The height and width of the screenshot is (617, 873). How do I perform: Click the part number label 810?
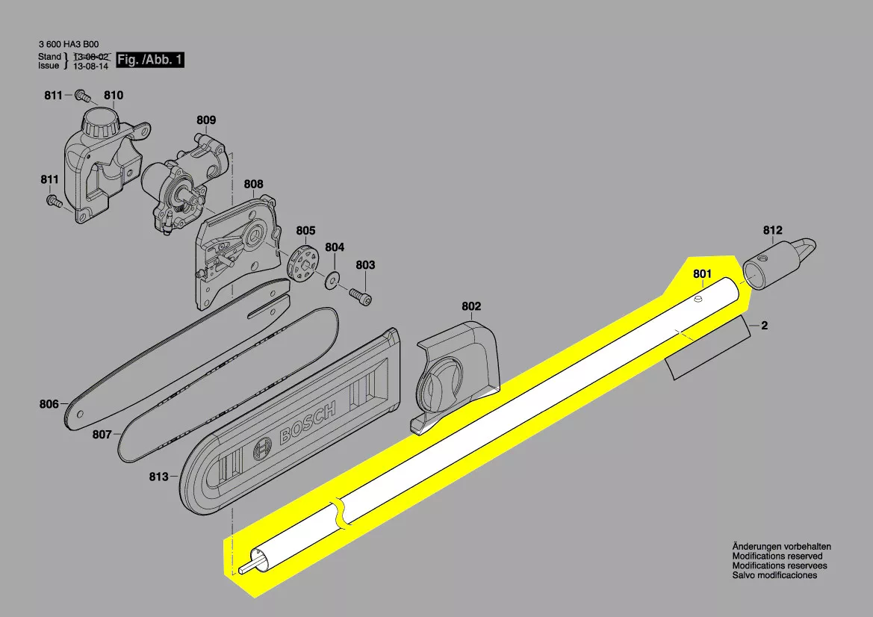114,96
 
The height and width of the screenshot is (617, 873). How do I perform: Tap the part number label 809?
206,120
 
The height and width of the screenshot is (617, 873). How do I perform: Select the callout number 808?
253,184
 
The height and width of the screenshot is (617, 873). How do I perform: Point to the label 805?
305,231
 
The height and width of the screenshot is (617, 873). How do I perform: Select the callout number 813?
158,477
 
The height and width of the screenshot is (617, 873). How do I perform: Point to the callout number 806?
49,405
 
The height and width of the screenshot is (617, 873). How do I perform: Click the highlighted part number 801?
702,275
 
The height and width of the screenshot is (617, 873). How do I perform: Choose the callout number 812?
772,230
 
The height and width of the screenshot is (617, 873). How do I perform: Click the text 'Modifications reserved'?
777,556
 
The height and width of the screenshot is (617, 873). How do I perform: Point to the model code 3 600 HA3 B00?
68,43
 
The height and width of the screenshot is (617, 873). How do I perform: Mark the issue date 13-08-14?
90,66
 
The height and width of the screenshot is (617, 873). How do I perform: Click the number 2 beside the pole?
764,326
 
